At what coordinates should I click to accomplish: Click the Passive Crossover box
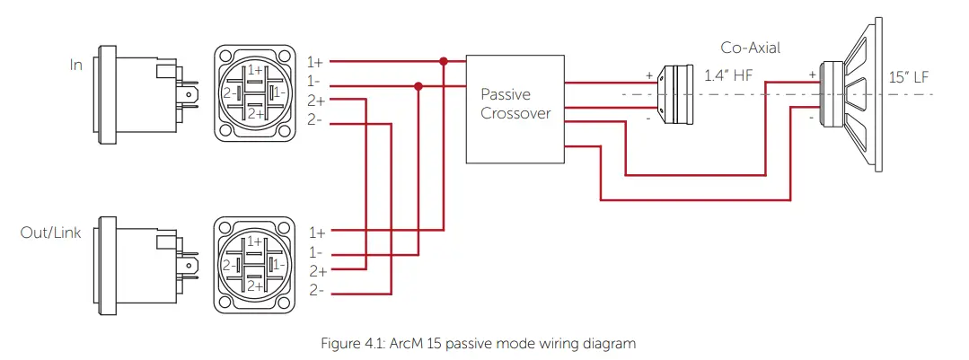point(515,107)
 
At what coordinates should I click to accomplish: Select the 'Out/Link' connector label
point(50,233)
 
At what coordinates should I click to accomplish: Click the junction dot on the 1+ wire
point(443,62)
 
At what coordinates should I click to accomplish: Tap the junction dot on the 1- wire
point(418,86)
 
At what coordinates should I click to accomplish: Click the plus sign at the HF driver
point(648,76)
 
